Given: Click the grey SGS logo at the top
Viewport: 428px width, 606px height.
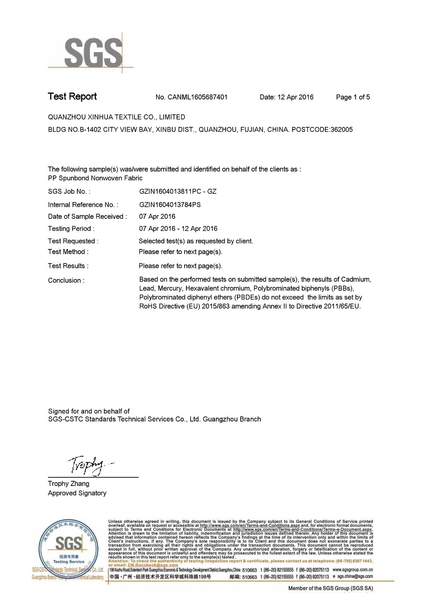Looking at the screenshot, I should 92,53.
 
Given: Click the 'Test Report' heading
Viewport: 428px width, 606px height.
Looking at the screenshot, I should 72,96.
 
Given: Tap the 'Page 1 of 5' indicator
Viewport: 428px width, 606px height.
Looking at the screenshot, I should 352,97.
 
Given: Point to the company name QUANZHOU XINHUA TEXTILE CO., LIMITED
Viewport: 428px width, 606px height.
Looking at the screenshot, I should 117,117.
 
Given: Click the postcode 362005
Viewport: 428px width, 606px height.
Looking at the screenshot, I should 341,130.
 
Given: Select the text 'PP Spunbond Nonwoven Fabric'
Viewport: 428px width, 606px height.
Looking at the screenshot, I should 95,178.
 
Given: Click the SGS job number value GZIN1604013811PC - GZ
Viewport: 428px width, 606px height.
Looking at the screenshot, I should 178,191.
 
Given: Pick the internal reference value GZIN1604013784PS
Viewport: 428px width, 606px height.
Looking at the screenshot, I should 170,205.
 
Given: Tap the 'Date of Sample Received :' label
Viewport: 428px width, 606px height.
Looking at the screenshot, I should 87,217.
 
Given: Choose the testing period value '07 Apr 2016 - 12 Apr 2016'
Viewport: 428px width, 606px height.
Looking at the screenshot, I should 178,229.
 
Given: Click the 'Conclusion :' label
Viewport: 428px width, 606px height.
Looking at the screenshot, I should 66,281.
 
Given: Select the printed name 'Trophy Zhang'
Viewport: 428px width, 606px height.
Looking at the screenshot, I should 68,484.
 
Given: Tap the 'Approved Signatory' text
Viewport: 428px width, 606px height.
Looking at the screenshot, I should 77,493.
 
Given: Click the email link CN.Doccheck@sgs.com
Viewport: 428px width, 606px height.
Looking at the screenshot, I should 153,565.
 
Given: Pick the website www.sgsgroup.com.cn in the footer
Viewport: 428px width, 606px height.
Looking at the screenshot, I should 352,570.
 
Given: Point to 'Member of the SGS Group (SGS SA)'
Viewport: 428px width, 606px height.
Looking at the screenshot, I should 331,588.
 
